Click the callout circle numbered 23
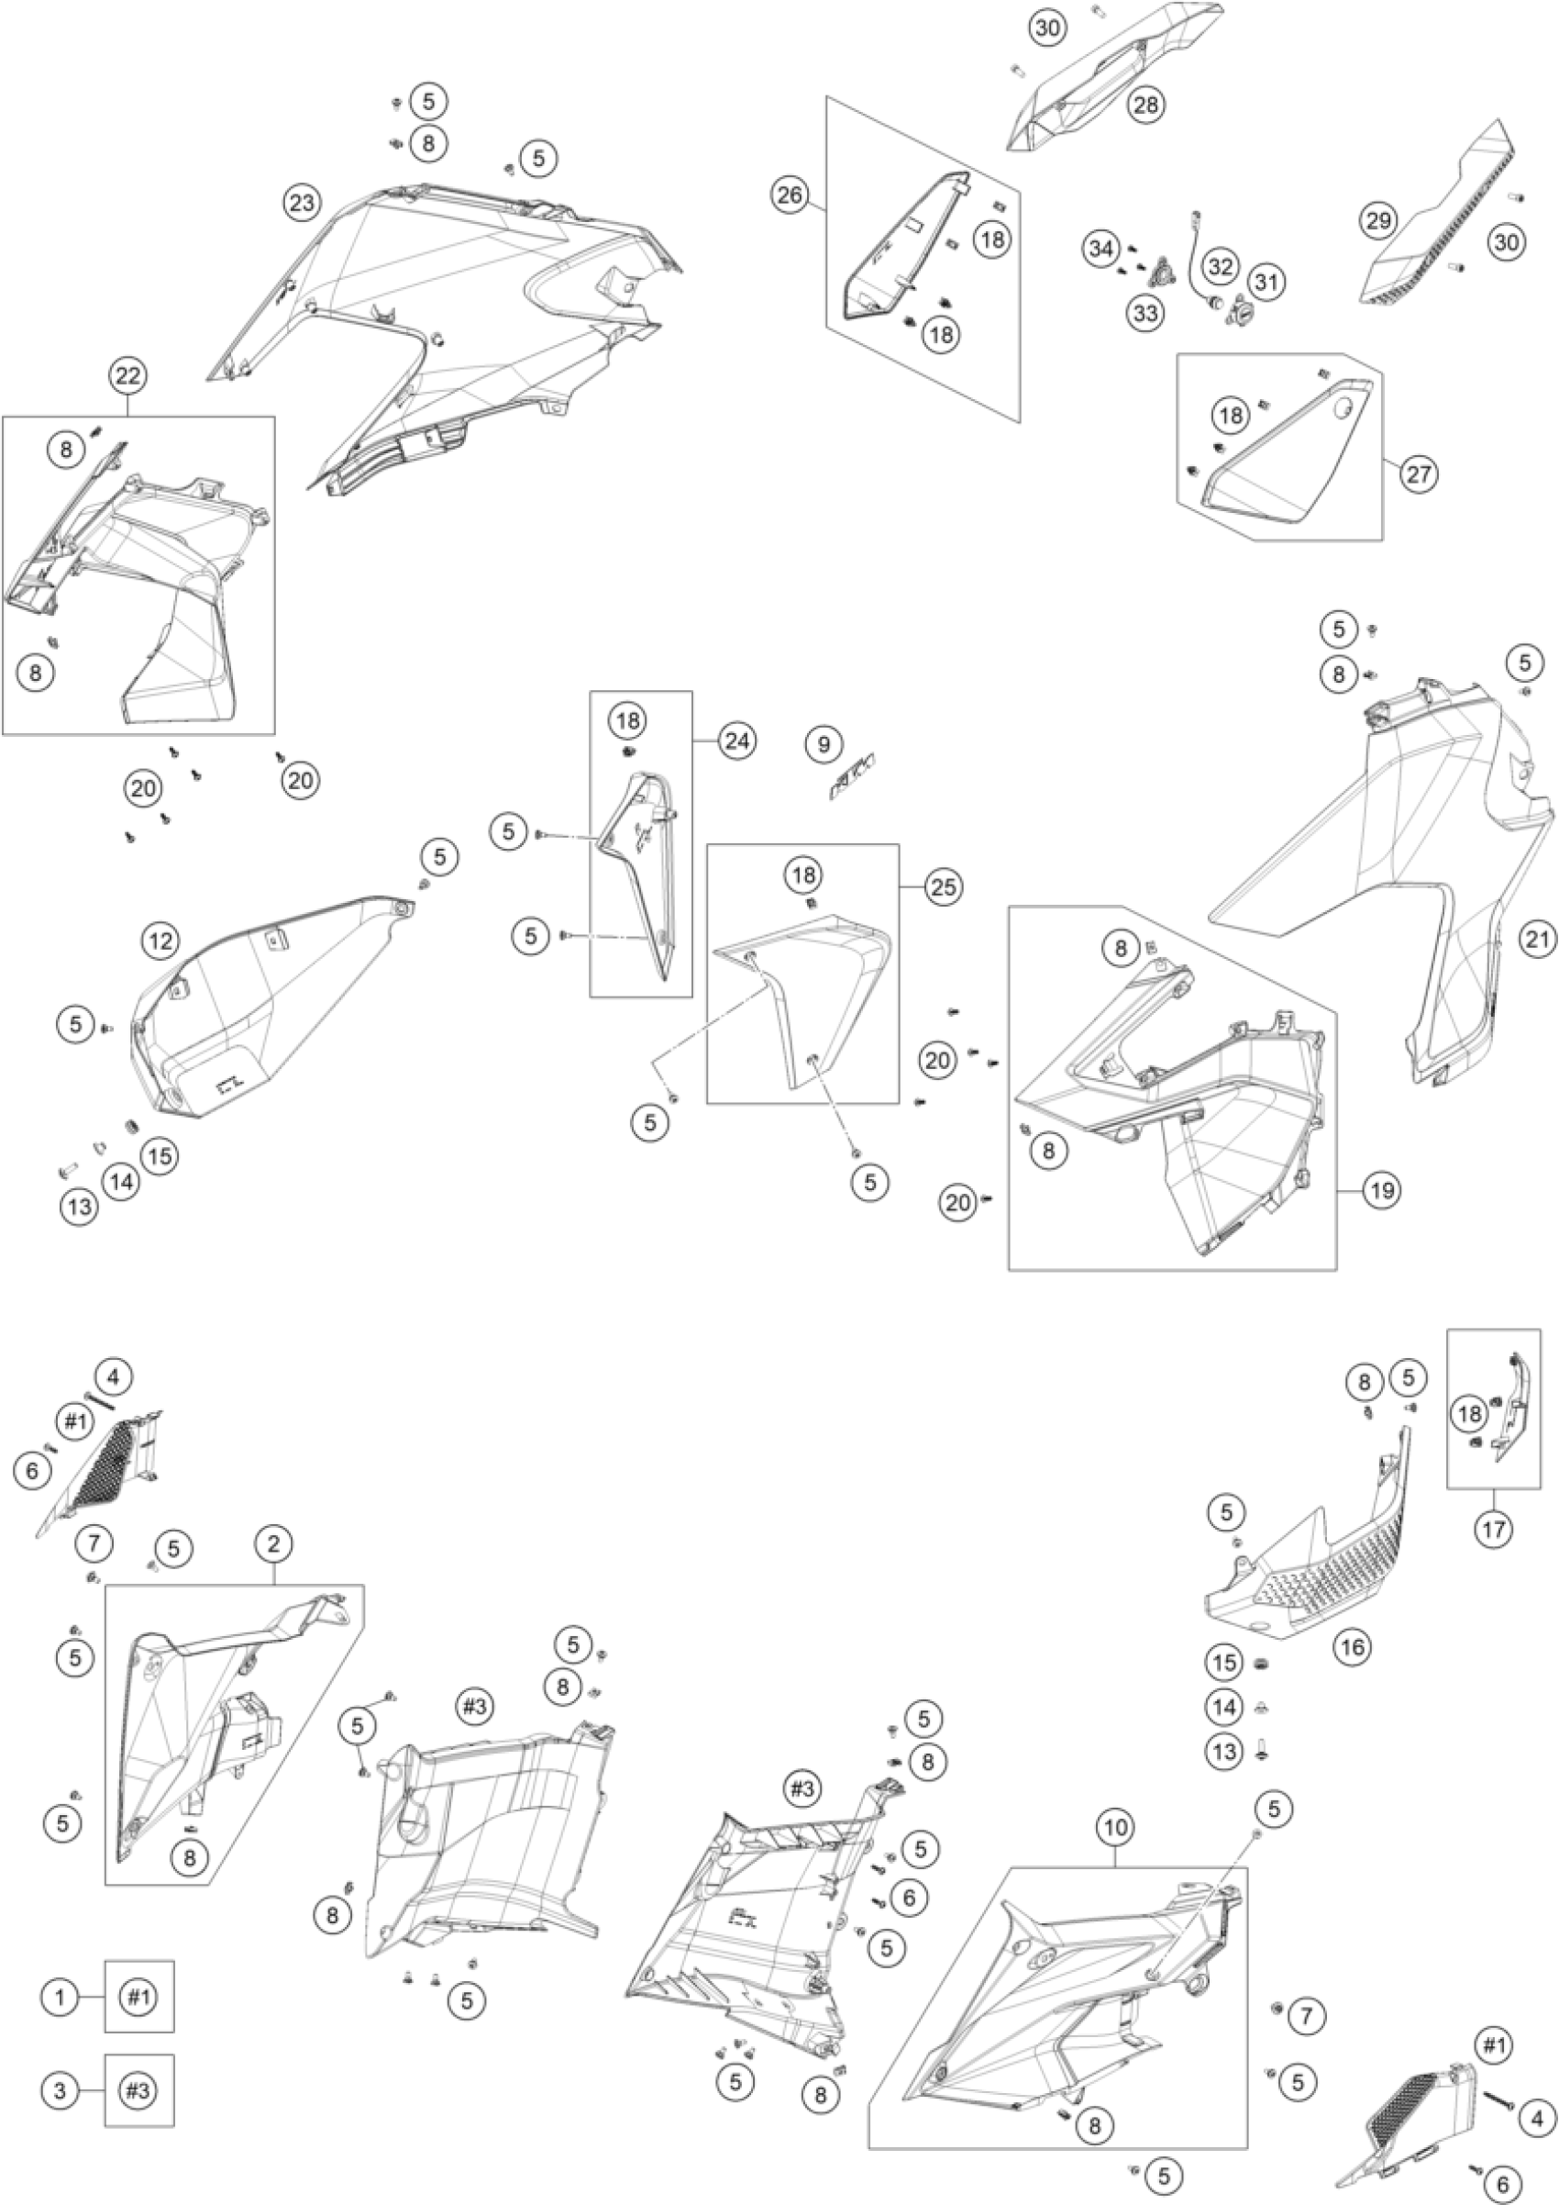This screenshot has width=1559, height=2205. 302,203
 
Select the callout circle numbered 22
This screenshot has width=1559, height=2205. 127,376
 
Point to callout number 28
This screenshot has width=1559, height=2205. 1146,105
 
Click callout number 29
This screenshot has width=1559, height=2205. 1377,222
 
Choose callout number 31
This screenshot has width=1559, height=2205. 1267,283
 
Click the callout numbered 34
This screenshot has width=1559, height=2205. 1101,250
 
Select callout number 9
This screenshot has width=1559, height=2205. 824,743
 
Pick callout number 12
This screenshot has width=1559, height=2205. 161,941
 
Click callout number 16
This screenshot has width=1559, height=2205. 1352,1647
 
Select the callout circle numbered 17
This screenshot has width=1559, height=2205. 1494,1529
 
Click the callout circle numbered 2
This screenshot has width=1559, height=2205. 274,1544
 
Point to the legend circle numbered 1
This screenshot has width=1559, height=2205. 60,1998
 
